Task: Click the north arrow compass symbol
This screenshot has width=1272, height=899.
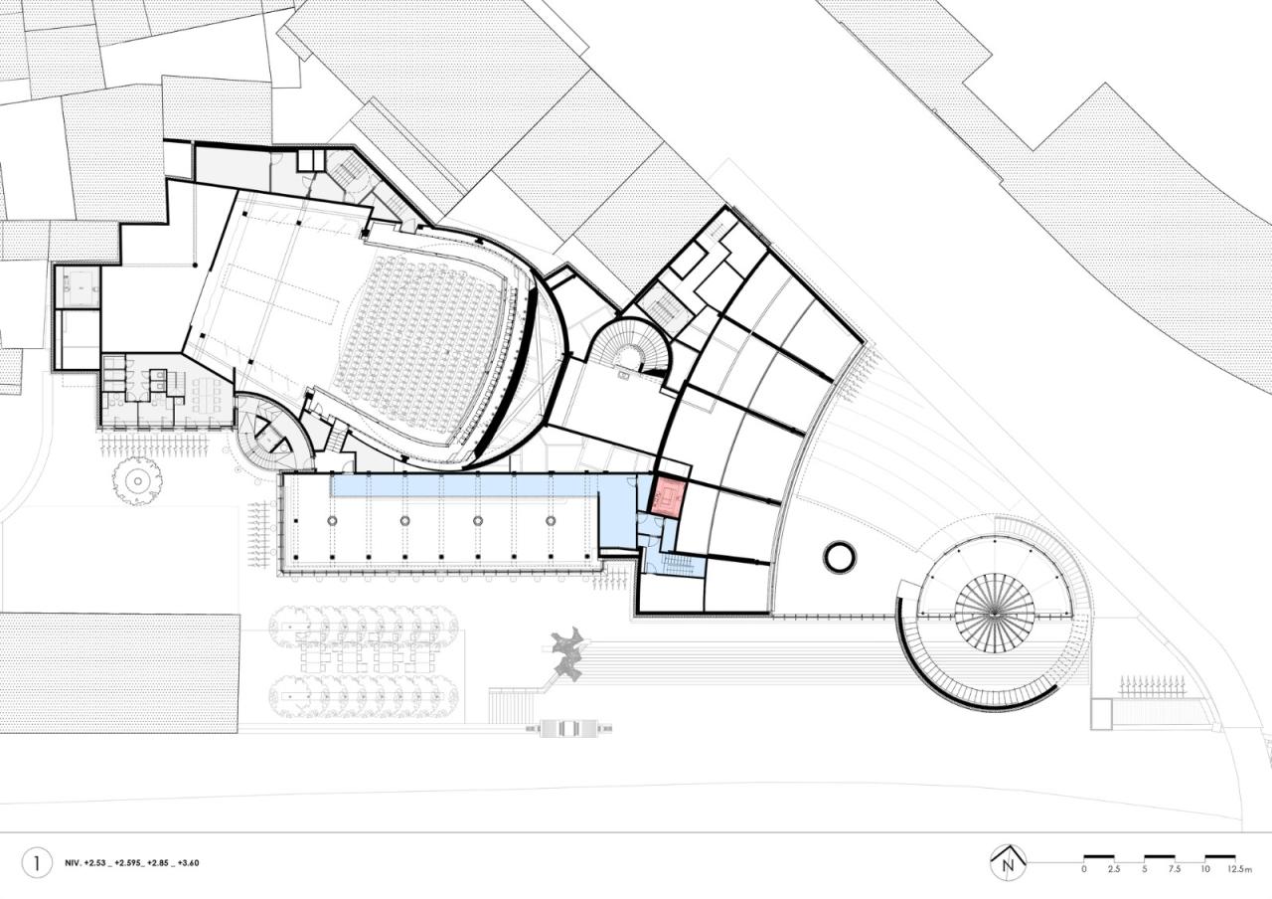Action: coord(1008,862)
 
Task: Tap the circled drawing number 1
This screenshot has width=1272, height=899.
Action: coord(37,862)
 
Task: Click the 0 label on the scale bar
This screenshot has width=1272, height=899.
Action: coord(1084,869)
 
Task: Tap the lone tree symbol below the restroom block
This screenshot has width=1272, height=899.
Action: coord(136,481)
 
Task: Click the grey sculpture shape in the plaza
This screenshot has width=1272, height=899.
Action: coord(568,654)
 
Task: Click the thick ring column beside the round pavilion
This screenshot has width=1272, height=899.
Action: coord(840,557)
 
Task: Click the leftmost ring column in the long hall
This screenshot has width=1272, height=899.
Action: coord(331,520)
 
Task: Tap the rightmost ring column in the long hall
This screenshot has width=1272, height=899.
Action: coord(551,520)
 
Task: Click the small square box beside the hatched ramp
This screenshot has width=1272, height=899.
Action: coord(1100,714)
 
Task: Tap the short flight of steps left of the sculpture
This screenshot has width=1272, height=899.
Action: coord(511,705)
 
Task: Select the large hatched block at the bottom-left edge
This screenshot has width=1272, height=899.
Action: coord(118,673)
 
